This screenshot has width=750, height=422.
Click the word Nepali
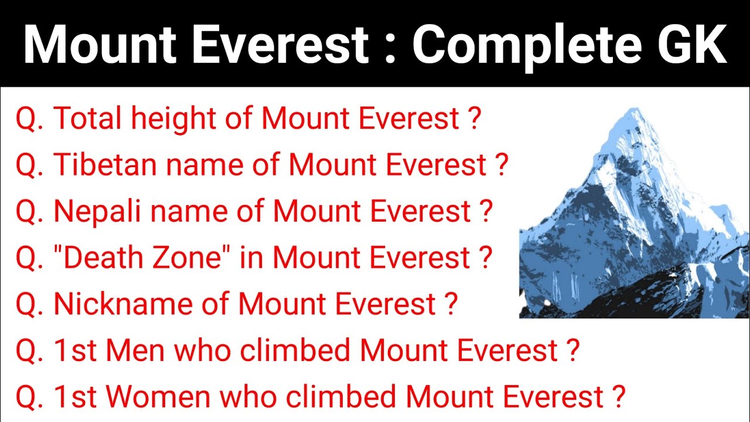click(100, 212)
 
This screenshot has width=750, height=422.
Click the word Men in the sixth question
click(141, 350)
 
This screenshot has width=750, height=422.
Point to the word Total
click(87, 119)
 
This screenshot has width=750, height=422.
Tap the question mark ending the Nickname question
click(451, 304)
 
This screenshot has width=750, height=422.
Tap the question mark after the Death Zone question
click(485, 258)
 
